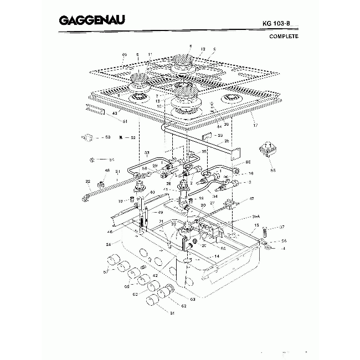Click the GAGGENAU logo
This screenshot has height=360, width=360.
pyautogui.click(x=91, y=21)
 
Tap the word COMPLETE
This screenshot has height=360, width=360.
pyautogui.click(x=284, y=37)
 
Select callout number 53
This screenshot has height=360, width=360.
pyautogui.click(x=108, y=137)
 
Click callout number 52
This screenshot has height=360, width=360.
pyautogui.click(x=133, y=137)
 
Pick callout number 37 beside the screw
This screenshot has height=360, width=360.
pyautogui.click(x=282, y=227)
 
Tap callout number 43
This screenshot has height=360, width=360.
pyautogui.click(x=115, y=113)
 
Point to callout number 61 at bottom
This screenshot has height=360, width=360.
pyautogui.click(x=157, y=313)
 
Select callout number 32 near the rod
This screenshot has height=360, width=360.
pyautogui.click(x=88, y=181)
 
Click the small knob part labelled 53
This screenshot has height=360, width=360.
pyautogui.click(x=88, y=137)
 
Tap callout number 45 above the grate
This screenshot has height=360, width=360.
pyautogui.click(x=124, y=54)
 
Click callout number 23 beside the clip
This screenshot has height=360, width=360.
pyautogui.click(x=220, y=135)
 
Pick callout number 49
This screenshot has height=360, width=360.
pyautogui.click(x=161, y=212)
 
